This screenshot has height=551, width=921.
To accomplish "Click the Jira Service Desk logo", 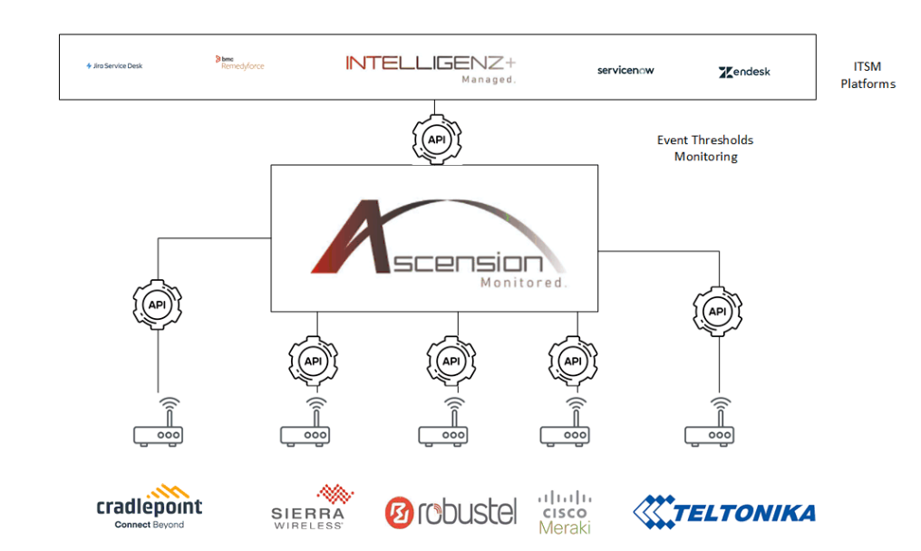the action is [114, 66].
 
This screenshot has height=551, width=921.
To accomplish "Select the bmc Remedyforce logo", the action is [239, 63].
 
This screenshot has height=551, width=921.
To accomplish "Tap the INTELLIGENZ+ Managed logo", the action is [431, 68].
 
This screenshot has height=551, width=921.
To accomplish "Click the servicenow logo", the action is [625, 70].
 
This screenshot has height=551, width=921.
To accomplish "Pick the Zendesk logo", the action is [744, 72].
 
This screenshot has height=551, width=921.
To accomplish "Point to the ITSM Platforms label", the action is [867, 75].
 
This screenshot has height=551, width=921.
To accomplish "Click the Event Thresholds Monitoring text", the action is [705, 149].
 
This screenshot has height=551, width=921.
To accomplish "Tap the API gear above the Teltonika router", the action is [718, 312].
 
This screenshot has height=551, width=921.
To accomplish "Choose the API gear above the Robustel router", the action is [451, 361].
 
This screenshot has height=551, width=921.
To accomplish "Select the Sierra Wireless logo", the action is [308, 507].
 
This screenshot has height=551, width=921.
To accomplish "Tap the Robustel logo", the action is [451, 511].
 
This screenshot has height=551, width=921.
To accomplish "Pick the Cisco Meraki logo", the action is [565, 512].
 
